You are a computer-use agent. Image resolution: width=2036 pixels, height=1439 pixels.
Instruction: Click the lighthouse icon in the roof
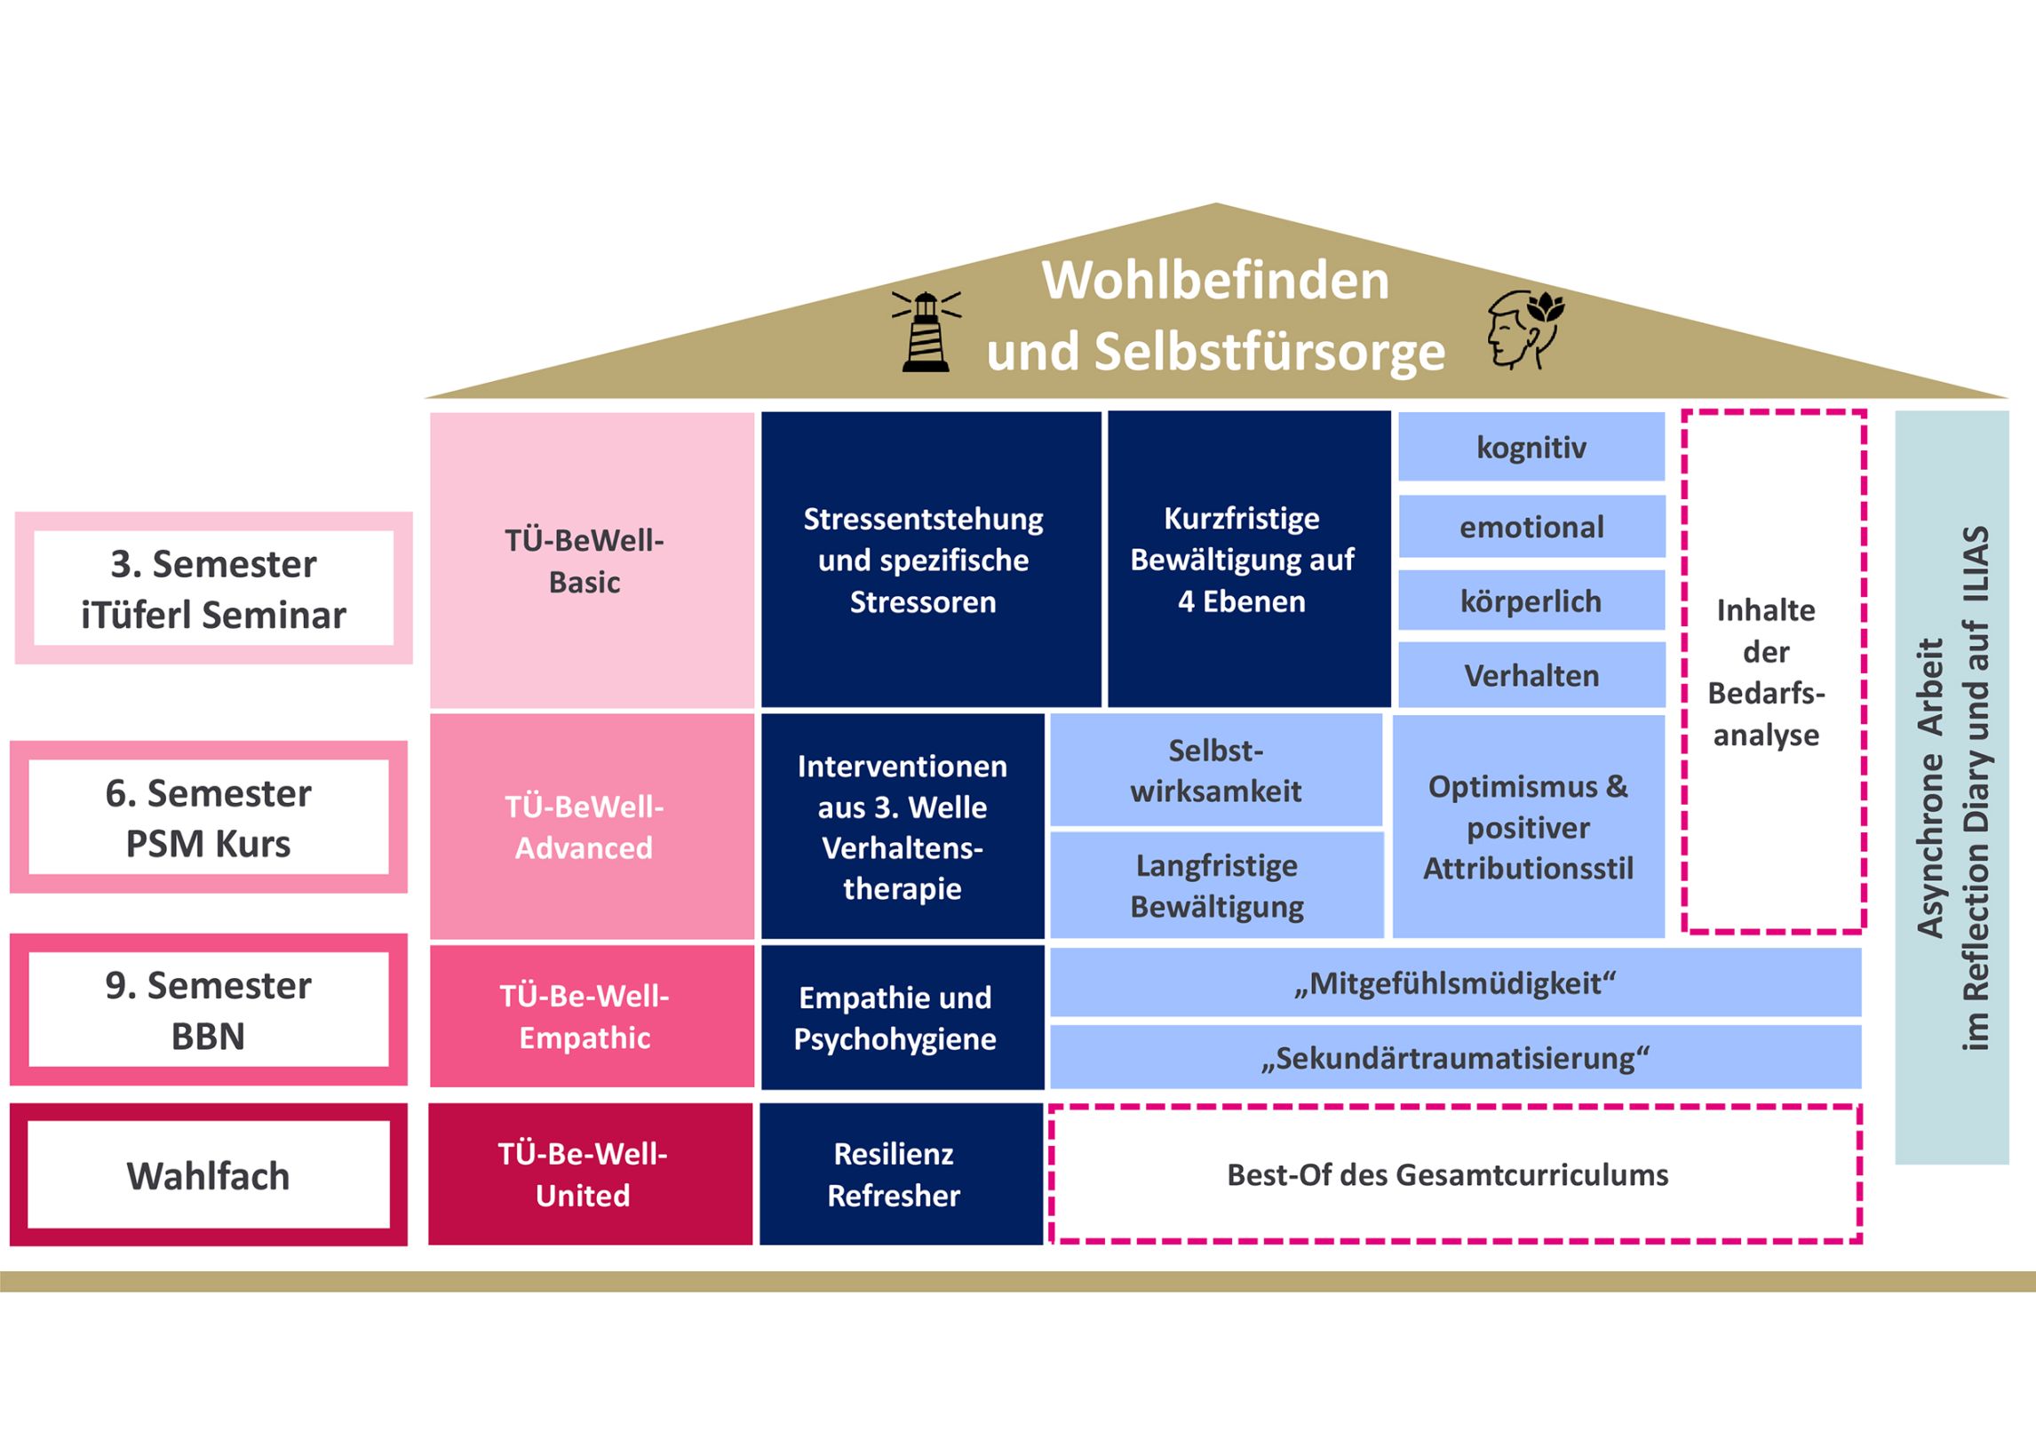click(x=926, y=330)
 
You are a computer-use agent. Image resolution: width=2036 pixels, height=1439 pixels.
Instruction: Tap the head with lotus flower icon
click(x=1524, y=329)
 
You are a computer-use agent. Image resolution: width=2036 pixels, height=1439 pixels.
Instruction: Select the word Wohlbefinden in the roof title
click(x=1214, y=281)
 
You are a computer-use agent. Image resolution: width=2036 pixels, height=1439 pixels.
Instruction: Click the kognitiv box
click(x=1531, y=447)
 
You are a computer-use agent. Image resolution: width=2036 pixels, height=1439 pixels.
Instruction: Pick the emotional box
click(x=1531, y=527)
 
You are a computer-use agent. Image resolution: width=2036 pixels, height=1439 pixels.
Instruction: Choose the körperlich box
click(x=1531, y=601)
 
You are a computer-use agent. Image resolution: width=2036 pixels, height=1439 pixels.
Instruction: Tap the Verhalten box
click(x=1531, y=676)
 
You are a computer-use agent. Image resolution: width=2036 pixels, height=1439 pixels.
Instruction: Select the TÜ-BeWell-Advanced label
click(x=584, y=827)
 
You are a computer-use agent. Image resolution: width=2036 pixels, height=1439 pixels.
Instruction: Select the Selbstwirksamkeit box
click(x=1215, y=770)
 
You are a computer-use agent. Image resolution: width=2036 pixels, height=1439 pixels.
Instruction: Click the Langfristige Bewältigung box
click(x=1216, y=886)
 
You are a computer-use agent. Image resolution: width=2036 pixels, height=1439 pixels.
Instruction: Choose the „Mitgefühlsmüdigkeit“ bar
click(x=1454, y=983)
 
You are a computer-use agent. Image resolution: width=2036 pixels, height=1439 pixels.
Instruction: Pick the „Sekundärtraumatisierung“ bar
click(x=1454, y=1058)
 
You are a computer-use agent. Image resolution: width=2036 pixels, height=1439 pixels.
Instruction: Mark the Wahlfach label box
click(x=208, y=1175)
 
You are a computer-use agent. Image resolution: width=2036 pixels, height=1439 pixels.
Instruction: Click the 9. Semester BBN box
click(x=208, y=1010)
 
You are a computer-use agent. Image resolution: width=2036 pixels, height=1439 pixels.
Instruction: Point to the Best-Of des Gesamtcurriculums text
click(x=1447, y=1175)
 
